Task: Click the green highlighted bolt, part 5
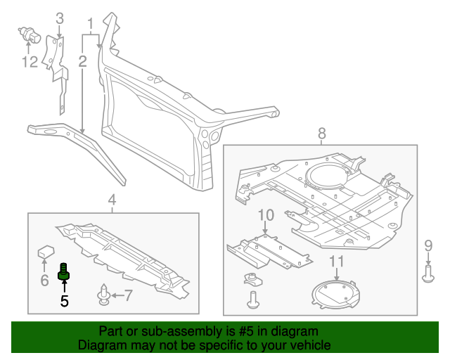pos(65,271)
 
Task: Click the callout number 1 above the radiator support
pos(90,25)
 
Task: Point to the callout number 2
pos(82,62)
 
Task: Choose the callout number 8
pos(322,133)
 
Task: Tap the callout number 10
pos(265,214)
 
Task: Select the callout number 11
pos(337,262)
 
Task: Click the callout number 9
pos(428,245)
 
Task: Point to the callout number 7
pos(128,295)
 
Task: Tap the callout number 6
pos(44,281)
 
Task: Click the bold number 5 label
pos(64,302)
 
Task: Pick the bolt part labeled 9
pos(428,274)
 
